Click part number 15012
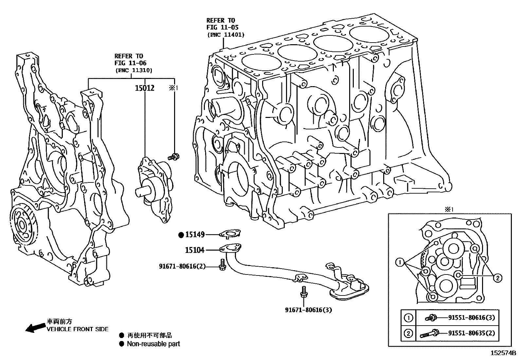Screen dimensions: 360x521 [145, 88]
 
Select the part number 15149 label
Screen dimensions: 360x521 [195, 235]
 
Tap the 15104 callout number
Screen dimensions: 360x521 [195, 250]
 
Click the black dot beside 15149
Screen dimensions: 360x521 [181, 235]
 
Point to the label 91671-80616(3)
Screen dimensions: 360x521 [308, 310]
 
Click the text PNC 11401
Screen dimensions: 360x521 [225, 35]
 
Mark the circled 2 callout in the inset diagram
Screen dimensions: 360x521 [497, 278]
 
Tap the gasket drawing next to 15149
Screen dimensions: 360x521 [230, 234]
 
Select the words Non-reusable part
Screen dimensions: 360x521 [153, 344]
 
